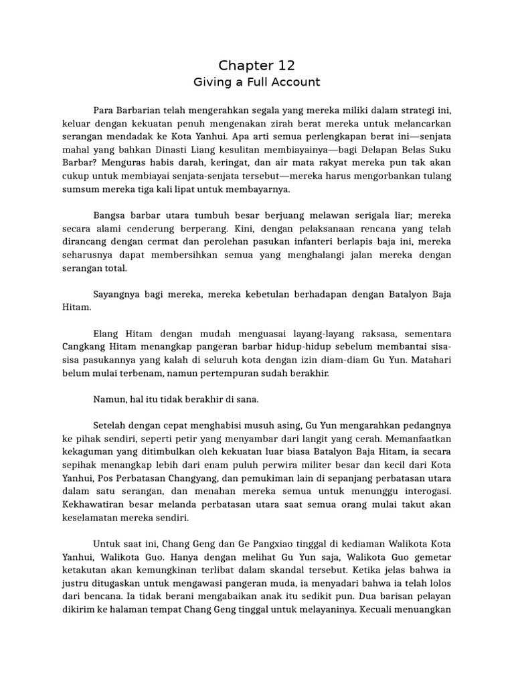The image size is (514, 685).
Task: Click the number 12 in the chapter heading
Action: (x=283, y=66)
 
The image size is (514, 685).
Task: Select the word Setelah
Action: (x=110, y=426)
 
